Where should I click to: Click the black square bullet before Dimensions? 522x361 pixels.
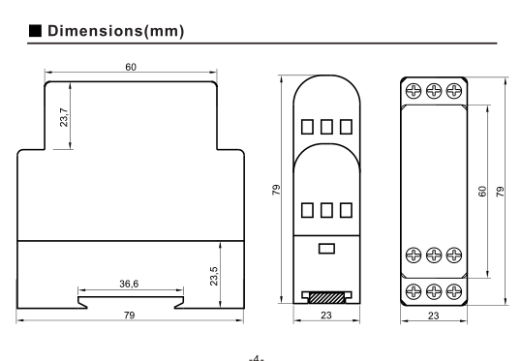pyautogui.click(x=35, y=30)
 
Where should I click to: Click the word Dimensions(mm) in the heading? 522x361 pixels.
pyautogui.click(x=116, y=31)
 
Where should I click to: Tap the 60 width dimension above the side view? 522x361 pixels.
pyautogui.click(x=131, y=67)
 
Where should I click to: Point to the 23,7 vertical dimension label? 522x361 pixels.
pyautogui.click(x=64, y=117)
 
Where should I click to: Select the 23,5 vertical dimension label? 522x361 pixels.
pyautogui.click(x=214, y=276)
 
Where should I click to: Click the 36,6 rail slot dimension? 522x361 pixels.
pyautogui.click(x=129, y=284)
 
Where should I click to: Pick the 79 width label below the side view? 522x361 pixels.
pyautogui.click(x=130, y=315)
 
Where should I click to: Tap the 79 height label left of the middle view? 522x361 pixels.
pyautogui.click(x=276, y=190)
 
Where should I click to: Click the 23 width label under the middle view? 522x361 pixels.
pyautogui.click(x=326, y=316)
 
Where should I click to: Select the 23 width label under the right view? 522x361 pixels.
pyautogui.click(x=434, y=316)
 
